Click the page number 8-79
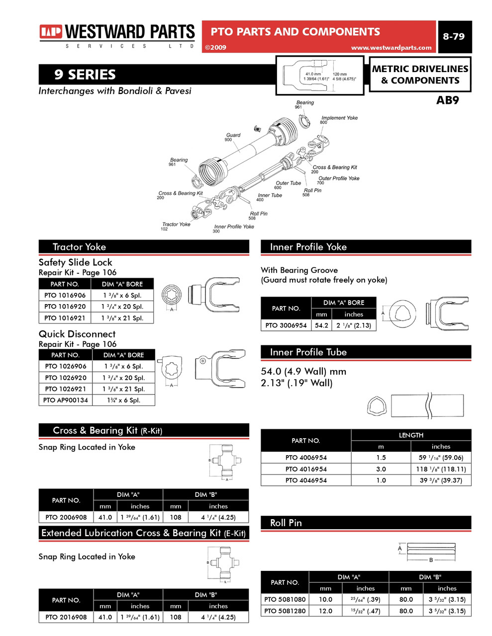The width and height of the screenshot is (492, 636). (x=453, y=36)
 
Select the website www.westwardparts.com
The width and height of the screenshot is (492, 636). (x=391, y=48)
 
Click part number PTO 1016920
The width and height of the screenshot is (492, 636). (x=65, y=307)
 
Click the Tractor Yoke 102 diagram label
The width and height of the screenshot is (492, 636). (x=176, y=226)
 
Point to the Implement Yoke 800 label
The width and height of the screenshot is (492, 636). (x=339, y=119)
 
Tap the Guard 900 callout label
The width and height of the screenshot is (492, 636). (x=232, y=137)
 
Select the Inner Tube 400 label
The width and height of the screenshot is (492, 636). (x=269, y=197)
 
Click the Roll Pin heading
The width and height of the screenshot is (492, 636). (x=286, y=523)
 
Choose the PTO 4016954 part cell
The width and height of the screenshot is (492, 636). (x=306, y=469)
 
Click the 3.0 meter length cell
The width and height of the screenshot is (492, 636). (x=381, y=469)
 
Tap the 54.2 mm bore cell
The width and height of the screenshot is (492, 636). (x=321, y=325)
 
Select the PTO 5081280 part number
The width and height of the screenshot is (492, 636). (x=285, y=611)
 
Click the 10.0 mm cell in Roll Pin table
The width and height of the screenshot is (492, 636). (x=325, y=599)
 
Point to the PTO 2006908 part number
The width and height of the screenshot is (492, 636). (x=66, y=517)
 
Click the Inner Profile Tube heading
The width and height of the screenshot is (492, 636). (x=308, y=352)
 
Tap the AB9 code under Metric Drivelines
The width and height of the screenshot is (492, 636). (x=447, y=100)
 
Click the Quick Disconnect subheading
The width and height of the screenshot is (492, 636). (x=77, y=334)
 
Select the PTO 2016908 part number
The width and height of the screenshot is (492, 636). (x=66, y=617)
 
